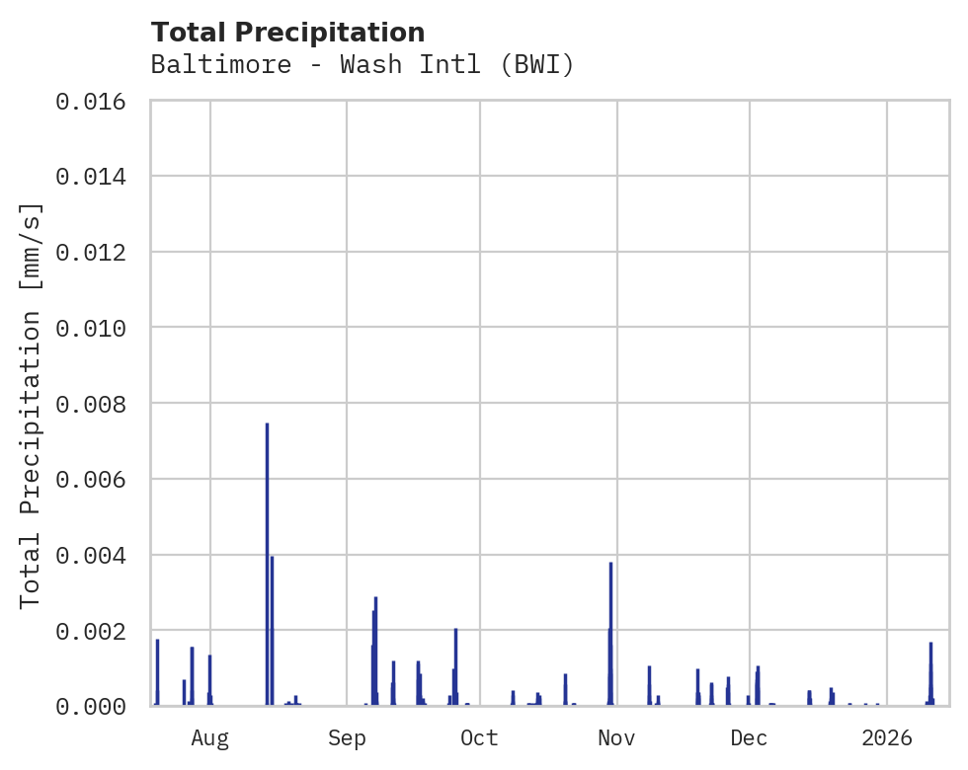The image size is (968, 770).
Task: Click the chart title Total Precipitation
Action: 287,33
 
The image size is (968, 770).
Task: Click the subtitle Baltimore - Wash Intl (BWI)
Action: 363,65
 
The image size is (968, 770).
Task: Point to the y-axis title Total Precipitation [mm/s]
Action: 31,405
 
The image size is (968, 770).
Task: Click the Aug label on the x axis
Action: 210,738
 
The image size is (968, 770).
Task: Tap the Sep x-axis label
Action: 347,738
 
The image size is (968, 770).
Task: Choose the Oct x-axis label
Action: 480,738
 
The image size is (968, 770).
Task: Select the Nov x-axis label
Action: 615,738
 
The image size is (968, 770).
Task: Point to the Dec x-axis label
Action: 750,738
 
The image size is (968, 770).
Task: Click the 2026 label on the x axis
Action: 887,738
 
